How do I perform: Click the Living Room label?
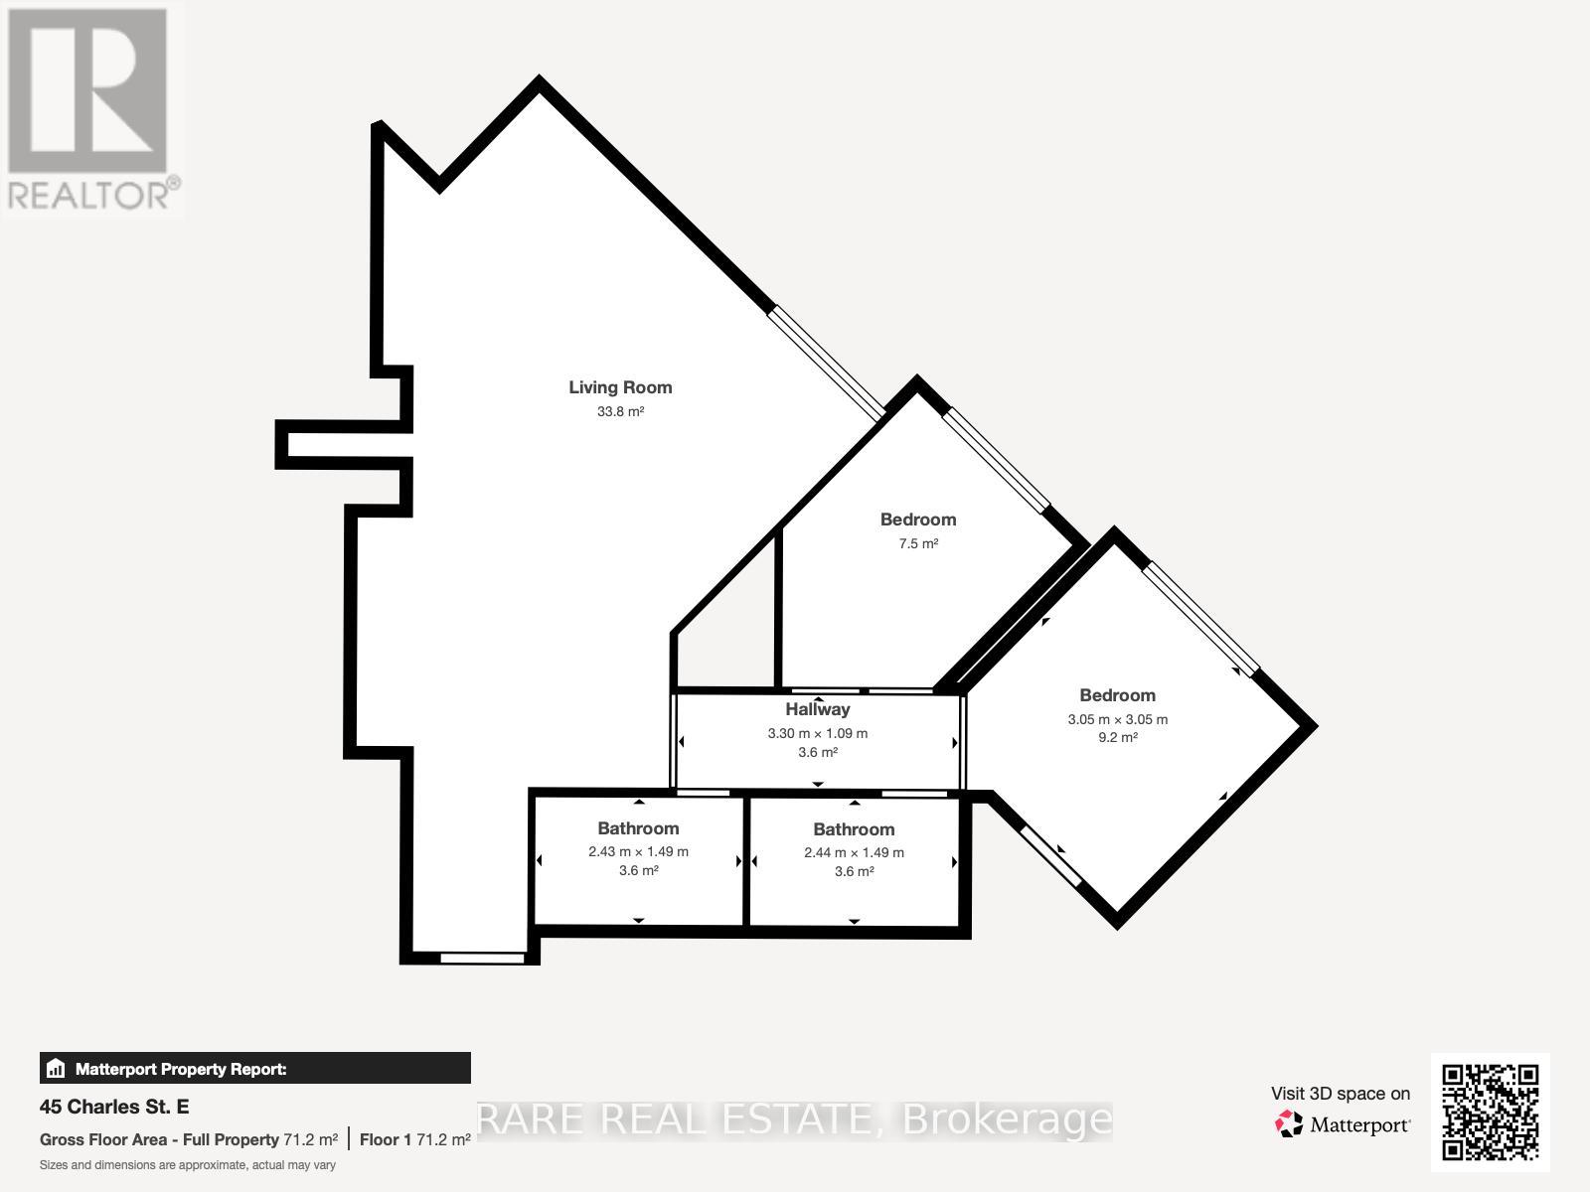[620, 387]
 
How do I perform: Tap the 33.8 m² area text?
[620, 411]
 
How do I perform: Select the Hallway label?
[817, 709]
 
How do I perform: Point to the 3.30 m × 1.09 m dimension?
[817, 733]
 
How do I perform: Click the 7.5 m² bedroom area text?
[918, 543]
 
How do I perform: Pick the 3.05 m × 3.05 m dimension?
[1117, 719]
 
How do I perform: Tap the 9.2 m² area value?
[1117, 737]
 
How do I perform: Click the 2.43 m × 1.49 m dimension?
[638, 851]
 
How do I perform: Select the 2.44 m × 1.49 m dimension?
[854, 852]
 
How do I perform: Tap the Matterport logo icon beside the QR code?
[1289, 1124]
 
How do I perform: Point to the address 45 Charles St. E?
[114, 1107]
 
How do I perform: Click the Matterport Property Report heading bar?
[254, 1069]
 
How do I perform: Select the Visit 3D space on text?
[1340, 1094]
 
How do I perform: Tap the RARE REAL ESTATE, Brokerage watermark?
[795, 1119]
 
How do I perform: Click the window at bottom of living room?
[482, 958]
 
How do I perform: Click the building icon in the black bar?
[56, 1069]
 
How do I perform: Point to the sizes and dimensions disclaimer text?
[188, 1165]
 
